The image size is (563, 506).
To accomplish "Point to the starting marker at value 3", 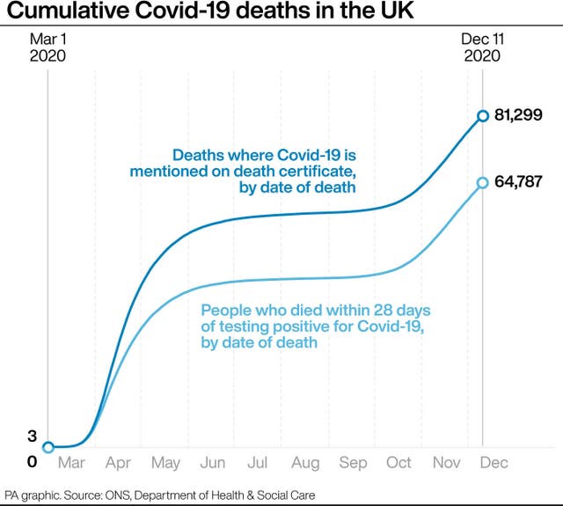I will [48, 447].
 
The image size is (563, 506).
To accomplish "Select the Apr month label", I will [118, 463].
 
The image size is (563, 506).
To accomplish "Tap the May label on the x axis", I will [166, 463].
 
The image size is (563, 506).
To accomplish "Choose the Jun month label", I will [212, 463].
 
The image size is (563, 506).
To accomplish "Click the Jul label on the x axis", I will [259, 463].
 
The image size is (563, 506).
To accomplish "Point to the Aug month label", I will [306, 463].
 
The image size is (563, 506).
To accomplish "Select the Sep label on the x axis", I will [354, 463].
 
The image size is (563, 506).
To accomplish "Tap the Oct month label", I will [399, 463].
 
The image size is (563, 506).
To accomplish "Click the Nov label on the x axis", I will [447, 463].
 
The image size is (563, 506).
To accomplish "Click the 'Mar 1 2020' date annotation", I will [48, 47].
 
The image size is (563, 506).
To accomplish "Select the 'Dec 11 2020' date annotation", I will [482, 47].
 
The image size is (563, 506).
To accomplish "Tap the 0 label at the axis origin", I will [32, 461].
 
